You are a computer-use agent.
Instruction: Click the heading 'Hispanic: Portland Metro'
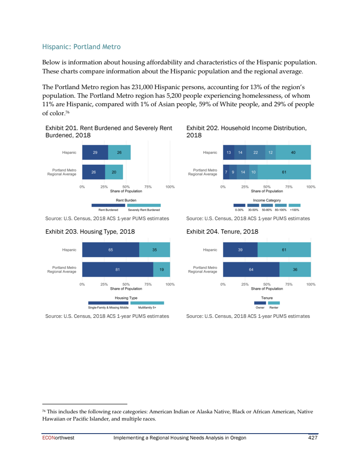(x=81, y=46)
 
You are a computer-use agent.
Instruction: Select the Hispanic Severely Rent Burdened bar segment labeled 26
(x=119, y=153)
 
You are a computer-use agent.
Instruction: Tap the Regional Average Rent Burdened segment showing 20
(x=114, y=172)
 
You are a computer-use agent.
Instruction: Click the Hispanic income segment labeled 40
(x=293, y=153)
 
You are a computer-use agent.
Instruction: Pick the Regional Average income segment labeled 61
(x=284, y=172)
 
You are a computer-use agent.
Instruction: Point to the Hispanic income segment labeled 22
(x=256, y=153)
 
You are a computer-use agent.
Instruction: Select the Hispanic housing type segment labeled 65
(x=111, y=249)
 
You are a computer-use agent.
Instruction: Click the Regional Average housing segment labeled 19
(x=162, y=269)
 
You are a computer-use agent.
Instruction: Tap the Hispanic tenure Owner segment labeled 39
(x=240, y=249)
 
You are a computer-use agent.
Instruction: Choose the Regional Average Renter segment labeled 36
(x=295, y=269)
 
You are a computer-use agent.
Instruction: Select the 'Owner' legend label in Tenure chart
(x=260, y=308)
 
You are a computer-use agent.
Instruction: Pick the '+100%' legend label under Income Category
(x=295, y=210)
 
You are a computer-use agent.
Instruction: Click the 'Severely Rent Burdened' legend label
(x=144, y=210)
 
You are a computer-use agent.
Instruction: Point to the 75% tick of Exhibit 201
(x=148, y=186)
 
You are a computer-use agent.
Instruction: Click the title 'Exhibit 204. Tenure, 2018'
(x=222, y=232)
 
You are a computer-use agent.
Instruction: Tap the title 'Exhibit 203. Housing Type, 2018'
(x=90, y=232)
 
